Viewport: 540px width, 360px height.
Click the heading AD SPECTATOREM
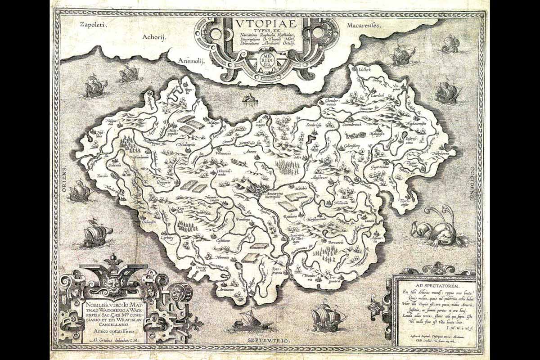click(434, 285)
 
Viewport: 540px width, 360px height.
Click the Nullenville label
click(344, 203)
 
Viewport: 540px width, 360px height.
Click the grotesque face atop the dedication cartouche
click(111, 282)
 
